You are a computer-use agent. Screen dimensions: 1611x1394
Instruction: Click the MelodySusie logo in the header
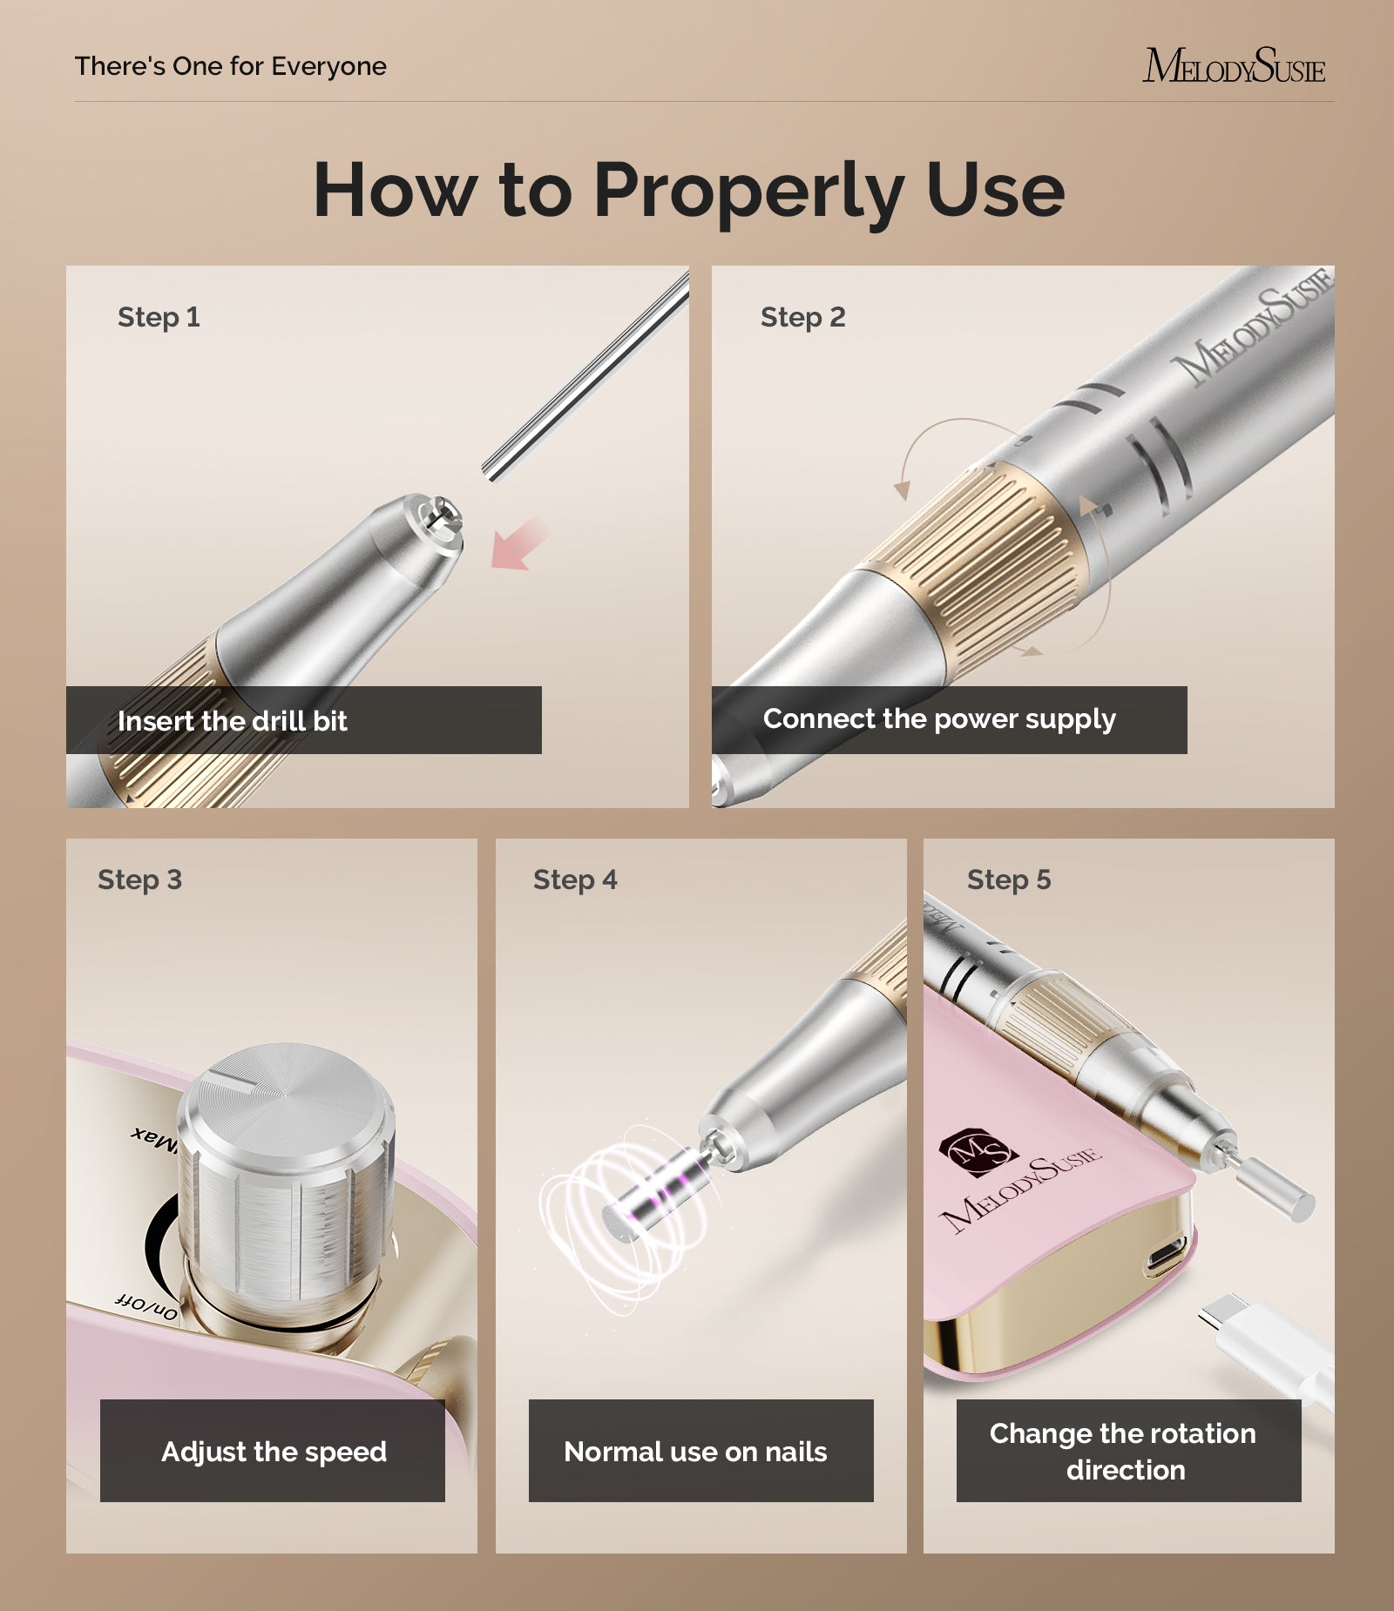click(1233, 66)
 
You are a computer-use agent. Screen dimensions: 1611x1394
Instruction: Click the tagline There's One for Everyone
click(231, 66)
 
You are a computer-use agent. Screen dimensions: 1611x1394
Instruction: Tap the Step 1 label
click(159, 317)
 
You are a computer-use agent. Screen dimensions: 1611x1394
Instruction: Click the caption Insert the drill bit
click(233, 721)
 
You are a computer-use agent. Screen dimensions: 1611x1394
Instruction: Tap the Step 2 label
click(802, 317)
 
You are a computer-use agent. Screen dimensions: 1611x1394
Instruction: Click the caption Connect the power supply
click(939, 719)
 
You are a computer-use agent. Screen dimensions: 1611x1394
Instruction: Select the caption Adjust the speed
click(274, 1452)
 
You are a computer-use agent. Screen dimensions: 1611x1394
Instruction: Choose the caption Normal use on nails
click(695, 1452)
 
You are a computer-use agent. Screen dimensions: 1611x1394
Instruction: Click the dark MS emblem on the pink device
click(978, 1151)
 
